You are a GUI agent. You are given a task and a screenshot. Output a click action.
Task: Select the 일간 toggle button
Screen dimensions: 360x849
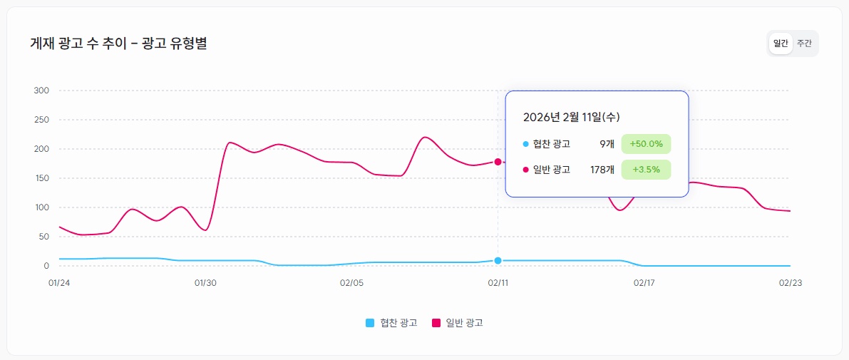coord(781,43)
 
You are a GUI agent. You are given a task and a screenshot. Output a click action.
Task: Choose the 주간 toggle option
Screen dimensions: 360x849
coord(804,43)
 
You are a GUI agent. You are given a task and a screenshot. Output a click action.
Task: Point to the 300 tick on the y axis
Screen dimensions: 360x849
coord(41,91)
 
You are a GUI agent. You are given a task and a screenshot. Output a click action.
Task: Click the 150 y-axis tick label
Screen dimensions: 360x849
coord(41,178)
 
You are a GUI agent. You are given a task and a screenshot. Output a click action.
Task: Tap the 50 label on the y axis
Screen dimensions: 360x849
coord(43,237)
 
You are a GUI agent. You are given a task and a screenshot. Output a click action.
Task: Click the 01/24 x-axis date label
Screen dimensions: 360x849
coord(59,283)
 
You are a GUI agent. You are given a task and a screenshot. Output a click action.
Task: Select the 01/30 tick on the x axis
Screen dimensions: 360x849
coord(205,283)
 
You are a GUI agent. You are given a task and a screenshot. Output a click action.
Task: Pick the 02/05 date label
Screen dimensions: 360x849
coord(351,283)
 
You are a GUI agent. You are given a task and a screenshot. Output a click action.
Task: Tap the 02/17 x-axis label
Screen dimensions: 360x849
coord(644,283)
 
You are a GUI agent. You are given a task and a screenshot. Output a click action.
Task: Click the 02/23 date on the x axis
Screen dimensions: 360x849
coord(791,283)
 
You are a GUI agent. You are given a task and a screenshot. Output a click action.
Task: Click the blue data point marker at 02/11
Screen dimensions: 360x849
coord(498,260)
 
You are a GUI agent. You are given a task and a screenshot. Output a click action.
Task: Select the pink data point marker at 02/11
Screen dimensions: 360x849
coord(498,162)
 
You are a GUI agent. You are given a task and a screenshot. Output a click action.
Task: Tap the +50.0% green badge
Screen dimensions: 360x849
coord(646,144)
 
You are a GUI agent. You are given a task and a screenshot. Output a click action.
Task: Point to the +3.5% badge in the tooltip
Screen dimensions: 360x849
coord(646,170)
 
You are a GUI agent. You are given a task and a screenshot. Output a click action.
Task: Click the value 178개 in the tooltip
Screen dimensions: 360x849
coord(602,170)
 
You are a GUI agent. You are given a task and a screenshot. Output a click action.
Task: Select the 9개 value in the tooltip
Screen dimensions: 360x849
coord(607,144)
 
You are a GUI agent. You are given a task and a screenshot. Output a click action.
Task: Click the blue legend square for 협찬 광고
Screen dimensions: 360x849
coord(370,323)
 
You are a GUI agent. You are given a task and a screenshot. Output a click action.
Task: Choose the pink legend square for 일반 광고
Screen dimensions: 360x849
coord(436,323)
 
